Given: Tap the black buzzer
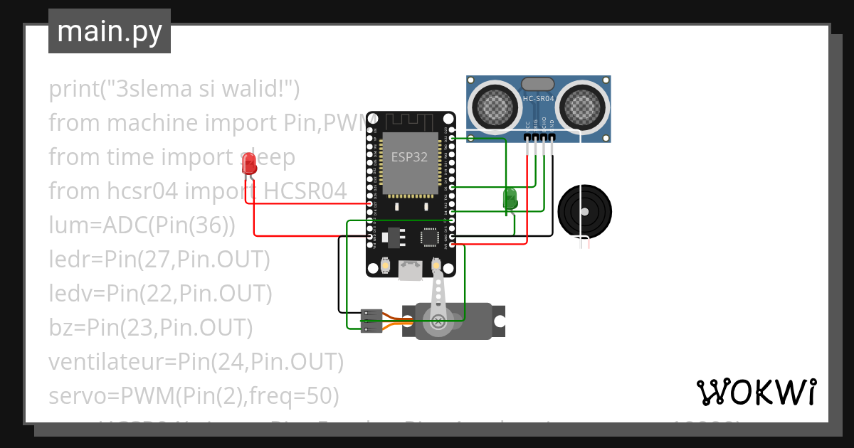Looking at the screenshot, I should point(584,211).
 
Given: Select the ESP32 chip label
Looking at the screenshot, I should point(409,157).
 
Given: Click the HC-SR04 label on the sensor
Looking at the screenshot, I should point(538,99).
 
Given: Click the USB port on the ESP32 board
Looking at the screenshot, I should point(410,270).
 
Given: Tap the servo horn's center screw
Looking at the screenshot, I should point(438,321).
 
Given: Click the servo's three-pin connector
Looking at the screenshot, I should point(371,321).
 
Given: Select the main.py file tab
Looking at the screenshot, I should point(110,31).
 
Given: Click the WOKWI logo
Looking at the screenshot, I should point(755,392).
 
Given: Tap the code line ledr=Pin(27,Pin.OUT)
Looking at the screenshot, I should point(159,260).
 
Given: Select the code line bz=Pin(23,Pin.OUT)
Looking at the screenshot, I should point(151,328).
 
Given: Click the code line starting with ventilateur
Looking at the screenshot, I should point(196,362).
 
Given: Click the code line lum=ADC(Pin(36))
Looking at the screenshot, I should point(142,225).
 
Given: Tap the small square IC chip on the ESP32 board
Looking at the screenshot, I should point(430,236).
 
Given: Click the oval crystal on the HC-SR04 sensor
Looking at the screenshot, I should point(538,84).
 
